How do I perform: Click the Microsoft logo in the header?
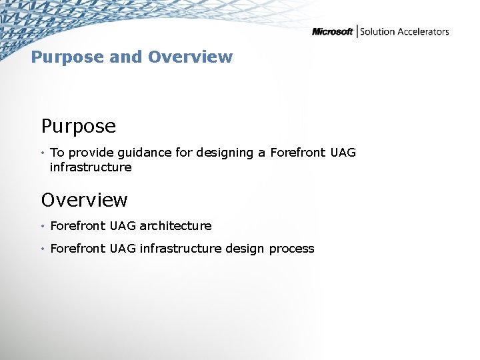click(x=332, y=32)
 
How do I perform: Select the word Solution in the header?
click(x=378, y=31)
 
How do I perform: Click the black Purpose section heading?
click(x=78, y=126)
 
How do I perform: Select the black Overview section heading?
click(x=84, y=200)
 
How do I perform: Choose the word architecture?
click(x=175, y=226)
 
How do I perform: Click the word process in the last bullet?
click(x=291, y=249)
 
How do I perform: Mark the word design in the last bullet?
click(x=245, y=249)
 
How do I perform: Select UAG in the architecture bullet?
click(x=123, y=226)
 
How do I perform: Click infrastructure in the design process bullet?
click(x=181, y=249)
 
